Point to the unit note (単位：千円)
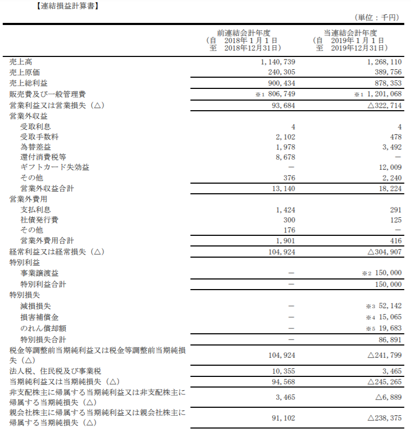pos(376,18)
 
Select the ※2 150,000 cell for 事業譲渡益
pos(382,273)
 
